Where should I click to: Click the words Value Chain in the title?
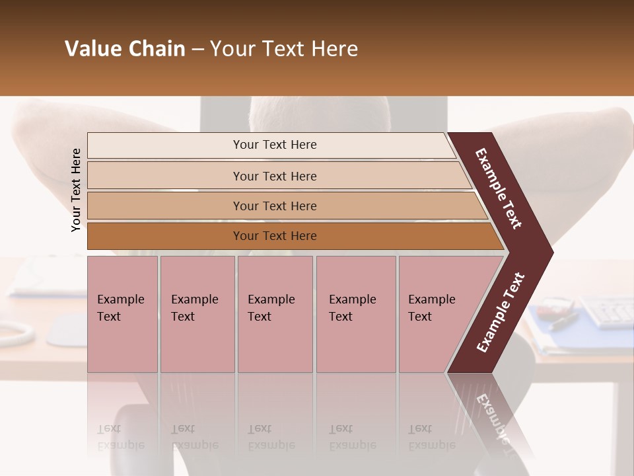tap(125, 49)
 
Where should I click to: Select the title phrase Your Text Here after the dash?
tap(284, 49)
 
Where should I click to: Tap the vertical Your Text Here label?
tap(76, 190)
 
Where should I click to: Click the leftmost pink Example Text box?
tap(122, 314)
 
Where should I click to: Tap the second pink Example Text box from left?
tap(197, 314)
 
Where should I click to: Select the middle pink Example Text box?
tap(275, 314)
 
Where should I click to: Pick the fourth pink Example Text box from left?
tap(356, 314)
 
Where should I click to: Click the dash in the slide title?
tap(197, 49)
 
